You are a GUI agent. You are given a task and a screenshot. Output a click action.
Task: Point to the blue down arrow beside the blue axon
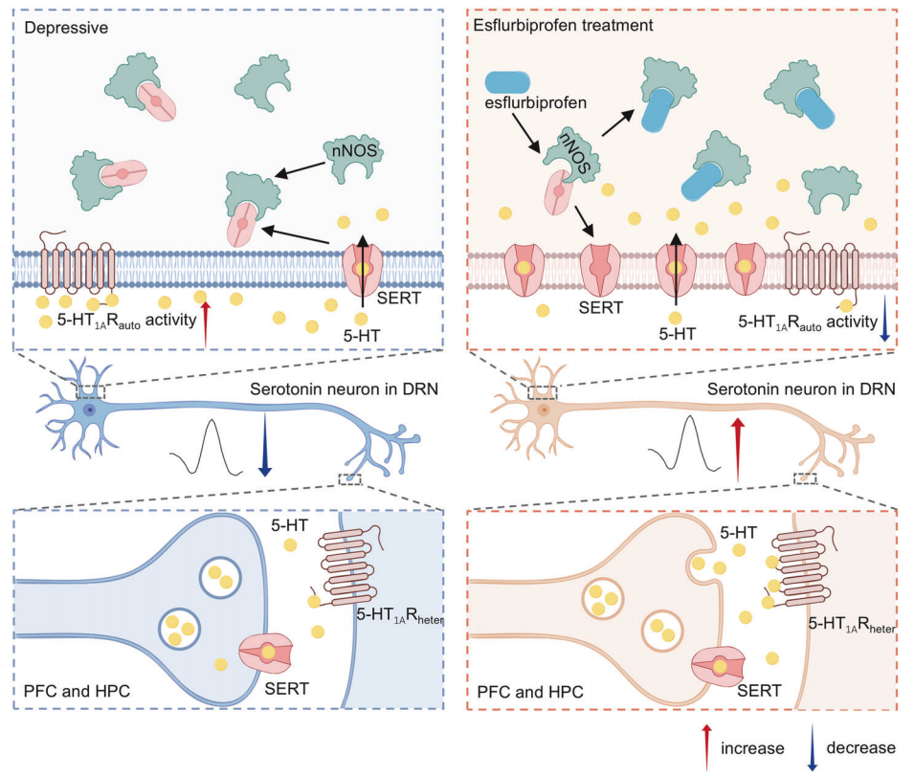tap(265, 454)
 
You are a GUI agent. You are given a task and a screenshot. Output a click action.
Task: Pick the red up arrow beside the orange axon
tap(736, 449)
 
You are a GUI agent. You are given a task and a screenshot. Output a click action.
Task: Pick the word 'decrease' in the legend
tap(858, 746)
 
